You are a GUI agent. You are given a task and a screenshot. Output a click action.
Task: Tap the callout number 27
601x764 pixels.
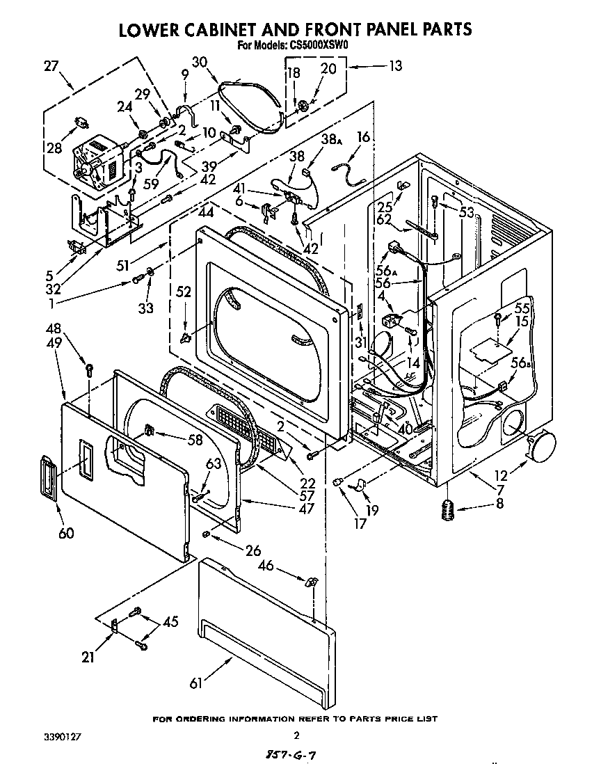[51, 66]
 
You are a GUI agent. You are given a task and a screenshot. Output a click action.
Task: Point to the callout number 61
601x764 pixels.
[196, 683]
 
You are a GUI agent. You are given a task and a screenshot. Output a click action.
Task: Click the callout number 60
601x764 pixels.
[66, 534]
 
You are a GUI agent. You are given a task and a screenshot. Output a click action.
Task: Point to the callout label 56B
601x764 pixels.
[518, 361]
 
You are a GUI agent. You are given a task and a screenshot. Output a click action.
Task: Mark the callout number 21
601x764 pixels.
[88, 656]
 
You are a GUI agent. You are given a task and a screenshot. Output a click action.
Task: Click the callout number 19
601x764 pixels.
[372, 510]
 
